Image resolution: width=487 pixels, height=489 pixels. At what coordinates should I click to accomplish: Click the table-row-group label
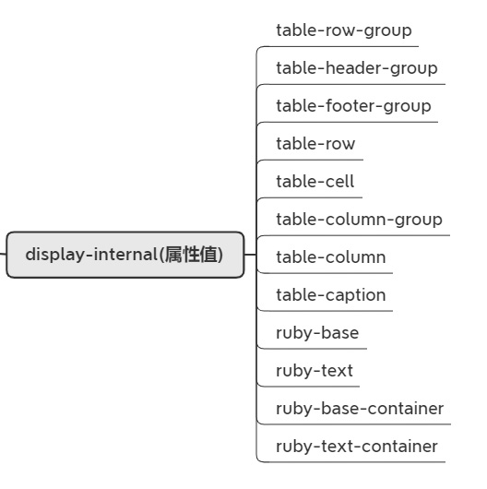pyautogui.click(x=344, y=31)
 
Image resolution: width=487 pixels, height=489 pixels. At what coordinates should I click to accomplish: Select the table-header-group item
pyautogui.click(x=357, y=69)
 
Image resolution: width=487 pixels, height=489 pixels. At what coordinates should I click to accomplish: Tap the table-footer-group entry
pyautogui.click(x=353, y=107)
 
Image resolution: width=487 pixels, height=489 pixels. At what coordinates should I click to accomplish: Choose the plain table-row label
pyautogui.click(x=315, y=143)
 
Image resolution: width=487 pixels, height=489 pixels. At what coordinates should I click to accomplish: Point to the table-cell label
pyautogui.click(x=315, y=181)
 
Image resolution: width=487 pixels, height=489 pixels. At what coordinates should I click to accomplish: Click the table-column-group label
pyautogui.click(x=359, y=221)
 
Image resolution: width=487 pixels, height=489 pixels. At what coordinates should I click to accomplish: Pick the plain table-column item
pyautogui.click(x=331, y=257)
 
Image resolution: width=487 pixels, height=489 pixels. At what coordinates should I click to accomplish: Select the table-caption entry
pyautogui.click(x=331, y=296)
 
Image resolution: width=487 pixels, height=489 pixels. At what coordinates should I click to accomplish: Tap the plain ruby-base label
pyautogui.click(x=317, y=334)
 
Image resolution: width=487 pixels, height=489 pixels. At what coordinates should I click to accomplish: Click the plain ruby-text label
pyautogui.click(x=315, y=372)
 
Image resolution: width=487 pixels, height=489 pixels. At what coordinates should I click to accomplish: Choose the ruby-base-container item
pyautogui.click(x=360, y=409)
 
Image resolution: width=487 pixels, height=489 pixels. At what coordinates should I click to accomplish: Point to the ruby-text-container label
pyautogui.click(x=357, y=447)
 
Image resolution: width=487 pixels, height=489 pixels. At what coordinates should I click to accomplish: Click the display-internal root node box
pyautogui.click(x=125, y=255)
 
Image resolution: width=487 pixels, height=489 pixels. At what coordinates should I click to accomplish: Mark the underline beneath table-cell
pyautogui.click(x=310, y=197)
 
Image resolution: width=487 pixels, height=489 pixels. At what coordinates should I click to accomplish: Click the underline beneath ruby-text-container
pyautogui.click(x=351, y=462)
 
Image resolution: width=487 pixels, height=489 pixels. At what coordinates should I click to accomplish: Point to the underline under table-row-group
pyautogui.click(x=339, y=46)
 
